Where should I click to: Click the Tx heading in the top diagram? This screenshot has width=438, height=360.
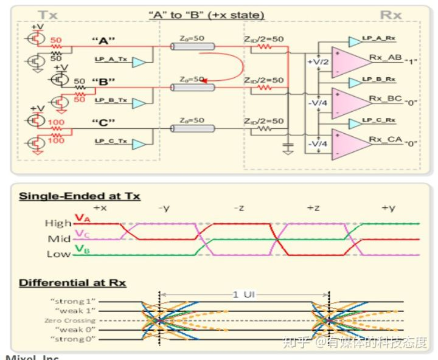(x=49, y=14)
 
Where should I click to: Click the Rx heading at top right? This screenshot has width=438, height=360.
(x=390, y=14)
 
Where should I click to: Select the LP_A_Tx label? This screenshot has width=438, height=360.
(x=110, y=61)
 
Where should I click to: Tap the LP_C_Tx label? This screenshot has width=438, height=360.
(x=110, y=142)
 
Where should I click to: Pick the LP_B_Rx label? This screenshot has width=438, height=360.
(x=379, y=80)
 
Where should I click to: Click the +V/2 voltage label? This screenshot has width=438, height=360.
(x=318, y=62)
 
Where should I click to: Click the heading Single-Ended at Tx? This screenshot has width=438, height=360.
(x=80, y=196)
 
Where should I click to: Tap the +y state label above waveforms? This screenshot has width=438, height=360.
(x=388, y=209)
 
